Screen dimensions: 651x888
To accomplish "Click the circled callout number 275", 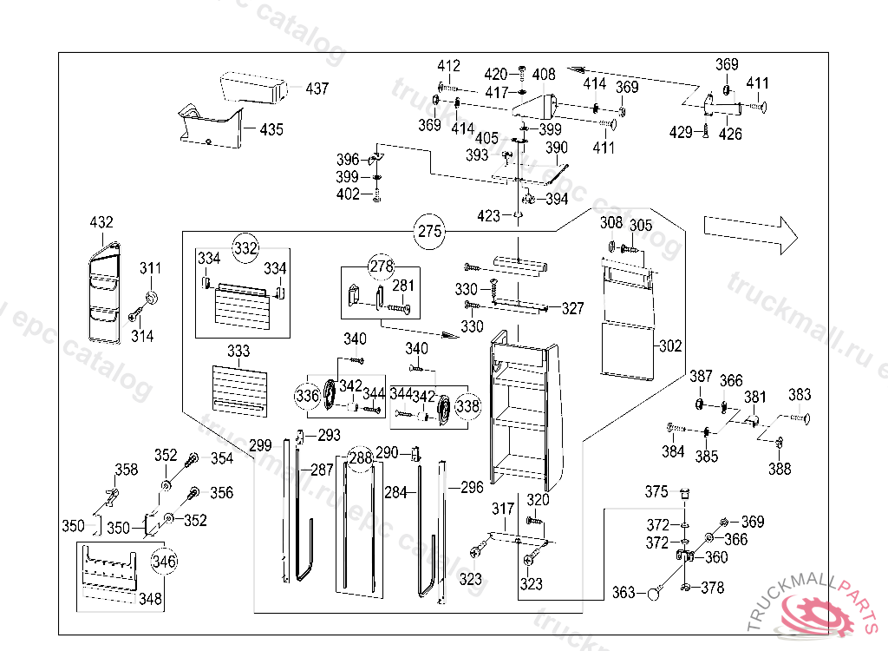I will (x=430, y=232).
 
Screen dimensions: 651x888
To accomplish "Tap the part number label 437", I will (x=317, y=89).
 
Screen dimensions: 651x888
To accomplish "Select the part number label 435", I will (x=271, y=129).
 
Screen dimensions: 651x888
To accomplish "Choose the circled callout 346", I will (x=164, y=561).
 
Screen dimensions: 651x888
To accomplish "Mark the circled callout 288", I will (x=361, y=457).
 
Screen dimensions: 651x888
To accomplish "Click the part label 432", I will (x=101, y=223).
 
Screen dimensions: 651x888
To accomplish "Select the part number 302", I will (x=670, y=345).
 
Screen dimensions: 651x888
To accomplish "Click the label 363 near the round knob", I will (x=624, y=593).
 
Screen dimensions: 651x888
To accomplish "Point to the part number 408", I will (x=544, y=76).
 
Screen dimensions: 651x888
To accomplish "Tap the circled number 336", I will (x=307, y=397).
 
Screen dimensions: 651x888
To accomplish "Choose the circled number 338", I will (x=467, y=404).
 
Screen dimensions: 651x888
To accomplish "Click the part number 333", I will (x=238, y=352).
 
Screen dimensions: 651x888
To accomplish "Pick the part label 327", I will (x=572, y=308).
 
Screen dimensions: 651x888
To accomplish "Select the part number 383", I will (x=800, y=395).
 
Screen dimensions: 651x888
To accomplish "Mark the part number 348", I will (x=150, y=599).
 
